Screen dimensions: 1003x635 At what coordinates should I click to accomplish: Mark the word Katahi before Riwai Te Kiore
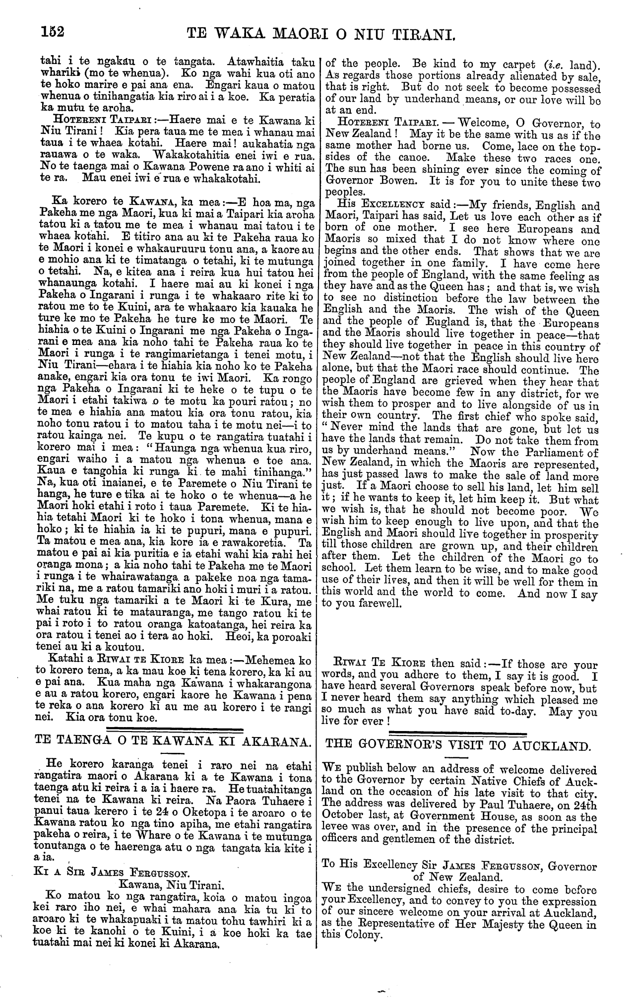62,661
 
